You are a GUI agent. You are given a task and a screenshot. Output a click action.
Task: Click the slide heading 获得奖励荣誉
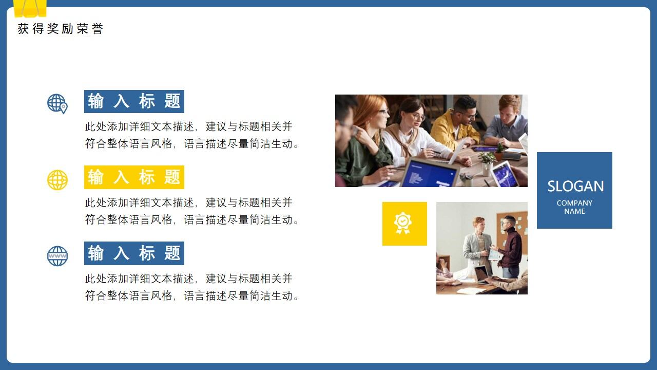coord(60,29)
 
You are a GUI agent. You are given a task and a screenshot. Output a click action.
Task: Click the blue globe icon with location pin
coord(57,103)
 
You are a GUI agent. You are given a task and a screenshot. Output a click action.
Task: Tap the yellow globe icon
coord(57,180)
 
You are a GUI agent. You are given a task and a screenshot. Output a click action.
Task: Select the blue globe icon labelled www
coord(57,256)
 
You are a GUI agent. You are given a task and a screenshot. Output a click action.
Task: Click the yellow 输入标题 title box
coord(134,177)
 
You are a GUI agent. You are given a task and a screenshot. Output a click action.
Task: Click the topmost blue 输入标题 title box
coord(134,101)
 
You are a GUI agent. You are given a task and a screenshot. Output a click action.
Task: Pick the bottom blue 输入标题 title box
coord(134,253)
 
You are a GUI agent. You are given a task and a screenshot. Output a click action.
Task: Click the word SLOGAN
coord(575,186)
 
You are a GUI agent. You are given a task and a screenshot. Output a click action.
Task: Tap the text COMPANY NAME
coord(574,207)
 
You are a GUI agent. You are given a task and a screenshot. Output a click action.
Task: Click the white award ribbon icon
coord(403,223)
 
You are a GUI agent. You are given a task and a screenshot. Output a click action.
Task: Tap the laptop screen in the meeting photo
coord(429,175)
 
